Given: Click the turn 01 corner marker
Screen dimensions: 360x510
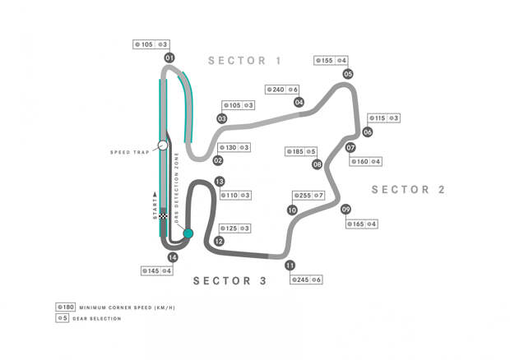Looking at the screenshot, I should [169, 58].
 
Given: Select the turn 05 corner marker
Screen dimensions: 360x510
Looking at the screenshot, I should [348, 74].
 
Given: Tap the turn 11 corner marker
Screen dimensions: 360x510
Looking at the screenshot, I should [290, 265].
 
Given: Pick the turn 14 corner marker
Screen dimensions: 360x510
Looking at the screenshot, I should [172, 257].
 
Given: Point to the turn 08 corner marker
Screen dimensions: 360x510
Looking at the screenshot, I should [317, 164].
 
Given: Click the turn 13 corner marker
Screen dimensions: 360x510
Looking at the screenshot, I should [219, 182].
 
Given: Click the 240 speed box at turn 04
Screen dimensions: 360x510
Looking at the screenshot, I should [276, 90].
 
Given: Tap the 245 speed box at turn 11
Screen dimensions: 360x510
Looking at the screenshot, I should [302, 279].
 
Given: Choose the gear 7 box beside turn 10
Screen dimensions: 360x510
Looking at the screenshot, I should [319, 196].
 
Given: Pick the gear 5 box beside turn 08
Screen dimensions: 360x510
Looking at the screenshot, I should [313, 151].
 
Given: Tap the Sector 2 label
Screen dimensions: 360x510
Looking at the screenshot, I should [408, 190].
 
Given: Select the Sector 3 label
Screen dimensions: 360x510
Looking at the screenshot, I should [229, 281].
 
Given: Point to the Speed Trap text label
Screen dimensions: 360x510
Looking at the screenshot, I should [128, 152].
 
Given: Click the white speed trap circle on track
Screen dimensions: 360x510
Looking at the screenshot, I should [163, 145].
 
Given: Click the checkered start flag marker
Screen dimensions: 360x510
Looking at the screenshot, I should [164, 216].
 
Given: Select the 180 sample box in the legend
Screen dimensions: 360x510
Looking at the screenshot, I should [66, 307].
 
